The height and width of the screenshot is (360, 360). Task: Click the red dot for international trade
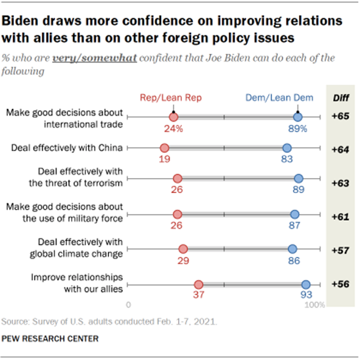coord(173,117)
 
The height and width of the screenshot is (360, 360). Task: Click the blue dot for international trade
coord(298,117)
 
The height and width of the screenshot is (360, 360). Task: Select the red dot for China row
coord(164,148)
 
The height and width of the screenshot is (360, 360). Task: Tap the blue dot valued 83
coord(286,148)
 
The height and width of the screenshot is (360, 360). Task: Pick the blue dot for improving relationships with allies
coord(305,284)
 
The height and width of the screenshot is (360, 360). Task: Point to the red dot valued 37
coord(198,284)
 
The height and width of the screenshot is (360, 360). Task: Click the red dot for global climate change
coord(183,249)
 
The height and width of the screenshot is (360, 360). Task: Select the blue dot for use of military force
coord(294,215)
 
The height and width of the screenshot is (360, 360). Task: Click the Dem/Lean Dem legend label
coord(298,97)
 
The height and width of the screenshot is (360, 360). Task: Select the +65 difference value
coord(341,117)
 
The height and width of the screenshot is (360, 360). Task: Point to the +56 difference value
coord(341,284)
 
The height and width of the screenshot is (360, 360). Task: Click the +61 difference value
coord(341,215)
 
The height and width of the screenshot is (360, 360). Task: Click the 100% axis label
coord(316,305)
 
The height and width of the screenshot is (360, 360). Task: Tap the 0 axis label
coord(129,305)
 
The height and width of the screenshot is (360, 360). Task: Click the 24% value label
coord(173,129)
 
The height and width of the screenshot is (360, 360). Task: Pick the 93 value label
coord(306,296)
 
